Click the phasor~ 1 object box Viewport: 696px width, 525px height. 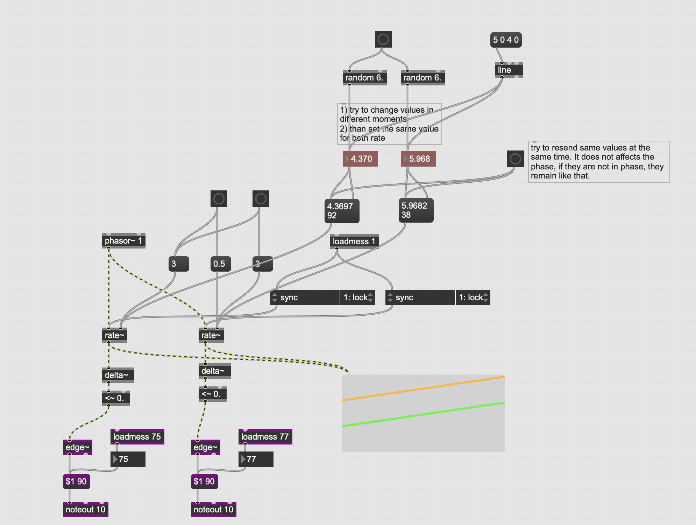tap(123, 241)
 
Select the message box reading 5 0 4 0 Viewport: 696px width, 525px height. tap(506, 40)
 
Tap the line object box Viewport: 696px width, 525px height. tap(509, 70)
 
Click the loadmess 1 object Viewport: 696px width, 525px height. tap(354, 241)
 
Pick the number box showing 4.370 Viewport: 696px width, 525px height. tap(361, 159)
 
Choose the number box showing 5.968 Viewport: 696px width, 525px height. tap(419, 159)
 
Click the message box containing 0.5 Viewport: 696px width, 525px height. tap(220, 264)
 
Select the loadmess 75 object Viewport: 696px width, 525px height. tap(137, 437)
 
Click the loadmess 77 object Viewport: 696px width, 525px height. tap(265, 437)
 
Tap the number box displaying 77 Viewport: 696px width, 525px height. tap(256, 459)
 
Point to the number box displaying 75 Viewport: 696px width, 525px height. tap(128, 459)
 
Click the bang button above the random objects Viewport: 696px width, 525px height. tap(383, 39)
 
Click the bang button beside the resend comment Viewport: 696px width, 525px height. tap(515, 159)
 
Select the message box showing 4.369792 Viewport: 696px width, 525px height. tap(341, 211)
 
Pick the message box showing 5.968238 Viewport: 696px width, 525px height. tap(416, 210)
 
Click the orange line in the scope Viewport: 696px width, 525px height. tap(423, 388)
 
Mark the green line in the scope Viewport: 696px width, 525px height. tap(423, 414)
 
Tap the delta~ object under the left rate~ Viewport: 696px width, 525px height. tap(118, 375)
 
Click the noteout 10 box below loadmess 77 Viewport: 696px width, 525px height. tap(213, 510)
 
